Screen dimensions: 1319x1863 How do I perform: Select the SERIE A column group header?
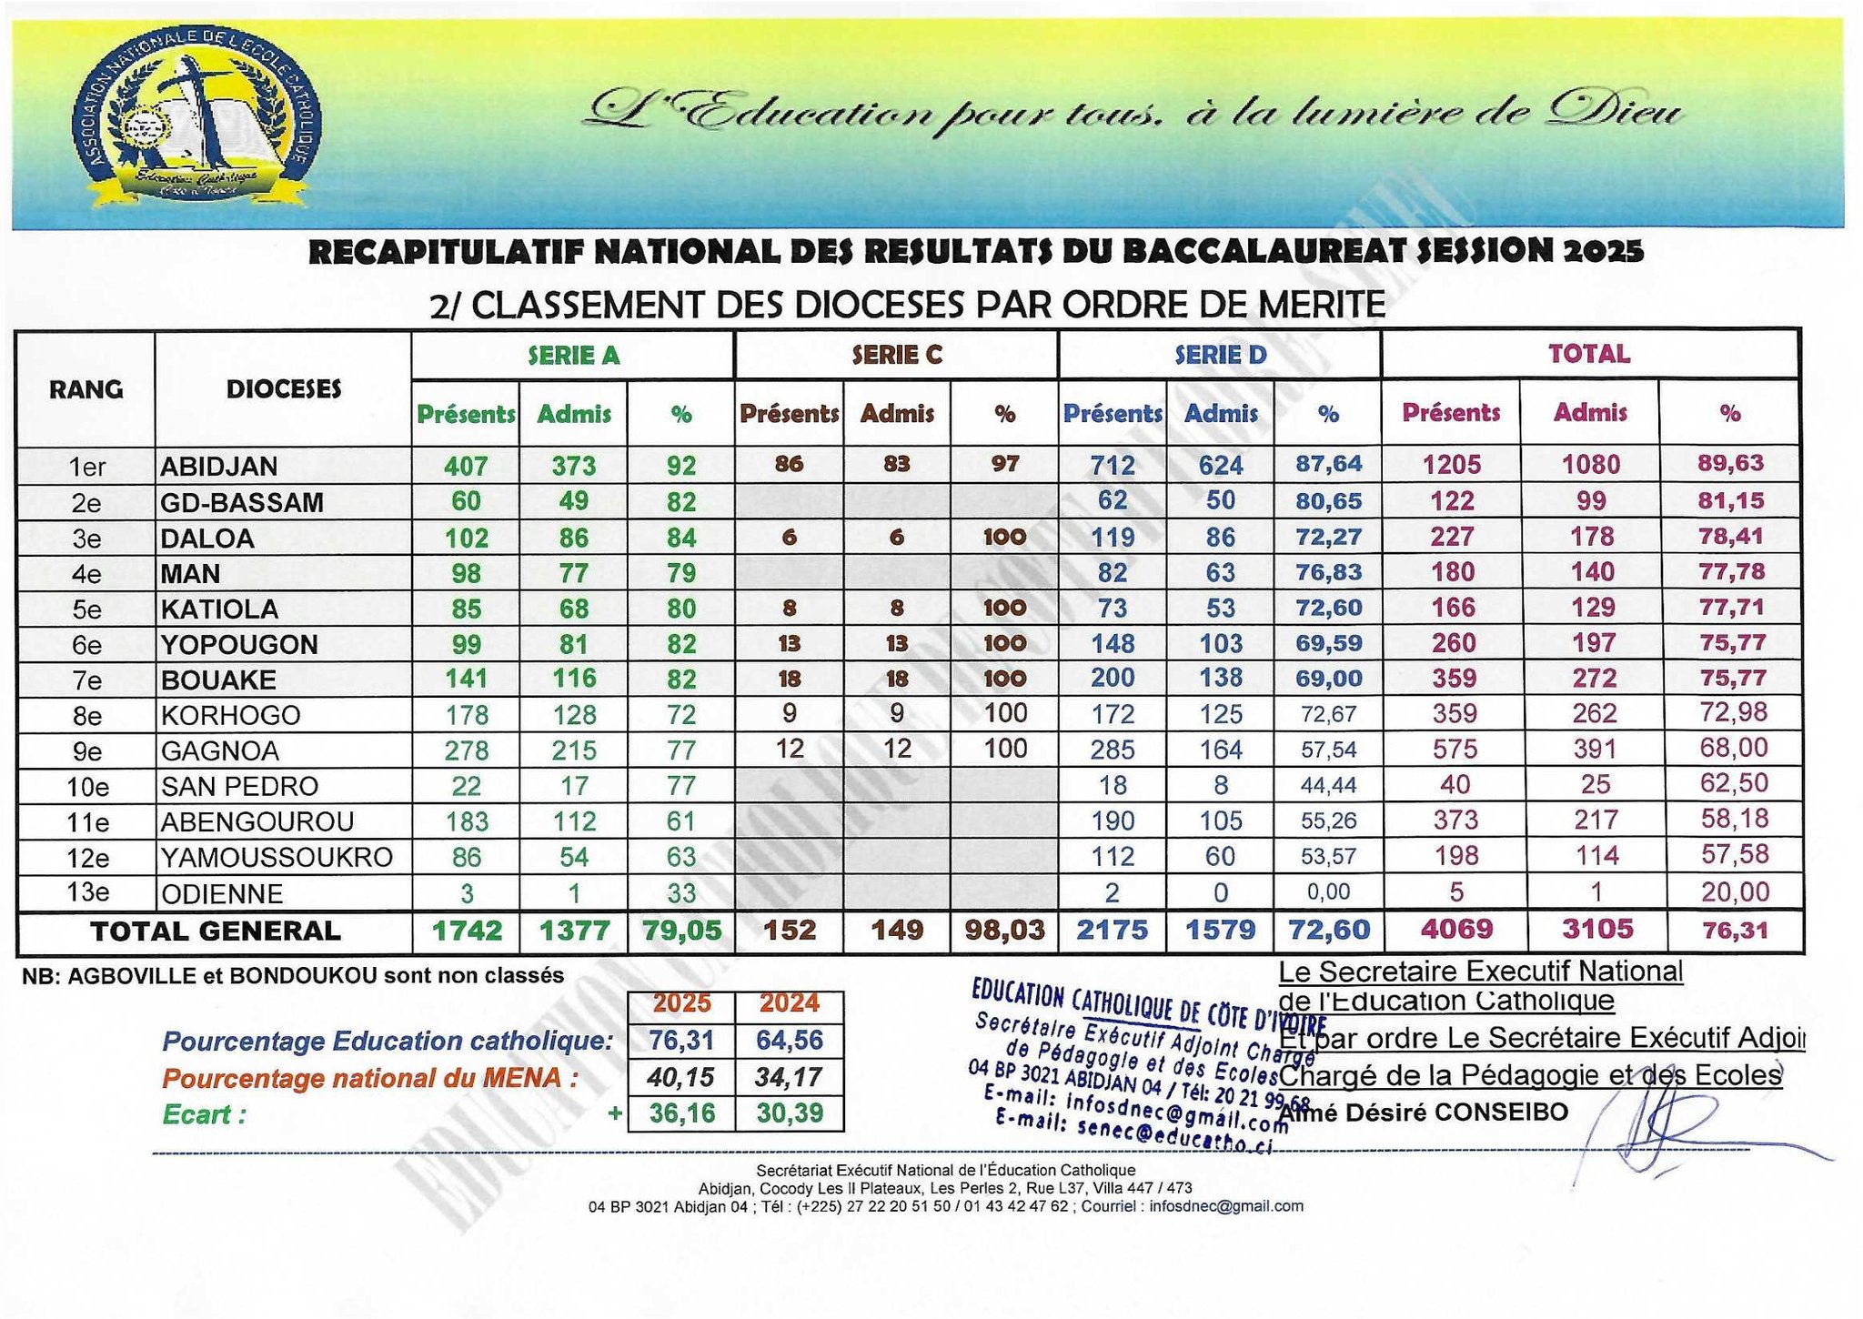[573, 355]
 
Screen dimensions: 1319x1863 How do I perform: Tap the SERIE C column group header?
[896, 355]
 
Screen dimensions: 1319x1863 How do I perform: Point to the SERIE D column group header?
[1220, 355]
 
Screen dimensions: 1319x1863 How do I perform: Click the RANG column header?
[86, 389]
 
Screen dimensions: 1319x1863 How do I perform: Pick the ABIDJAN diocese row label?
[219, 467]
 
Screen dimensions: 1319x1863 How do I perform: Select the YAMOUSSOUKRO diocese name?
[277, 857]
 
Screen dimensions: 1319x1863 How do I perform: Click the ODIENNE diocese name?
[222, 893]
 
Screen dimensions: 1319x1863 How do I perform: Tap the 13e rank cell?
[87, 892]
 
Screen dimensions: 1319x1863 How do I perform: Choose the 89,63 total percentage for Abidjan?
[1730, 463]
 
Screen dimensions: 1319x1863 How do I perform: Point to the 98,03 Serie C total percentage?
[1004, 931]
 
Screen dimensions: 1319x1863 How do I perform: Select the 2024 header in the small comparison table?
[789, 1003]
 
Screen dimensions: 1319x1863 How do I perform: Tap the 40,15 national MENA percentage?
[681, 1077]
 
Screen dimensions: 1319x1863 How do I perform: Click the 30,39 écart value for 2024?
[789, 1113]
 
